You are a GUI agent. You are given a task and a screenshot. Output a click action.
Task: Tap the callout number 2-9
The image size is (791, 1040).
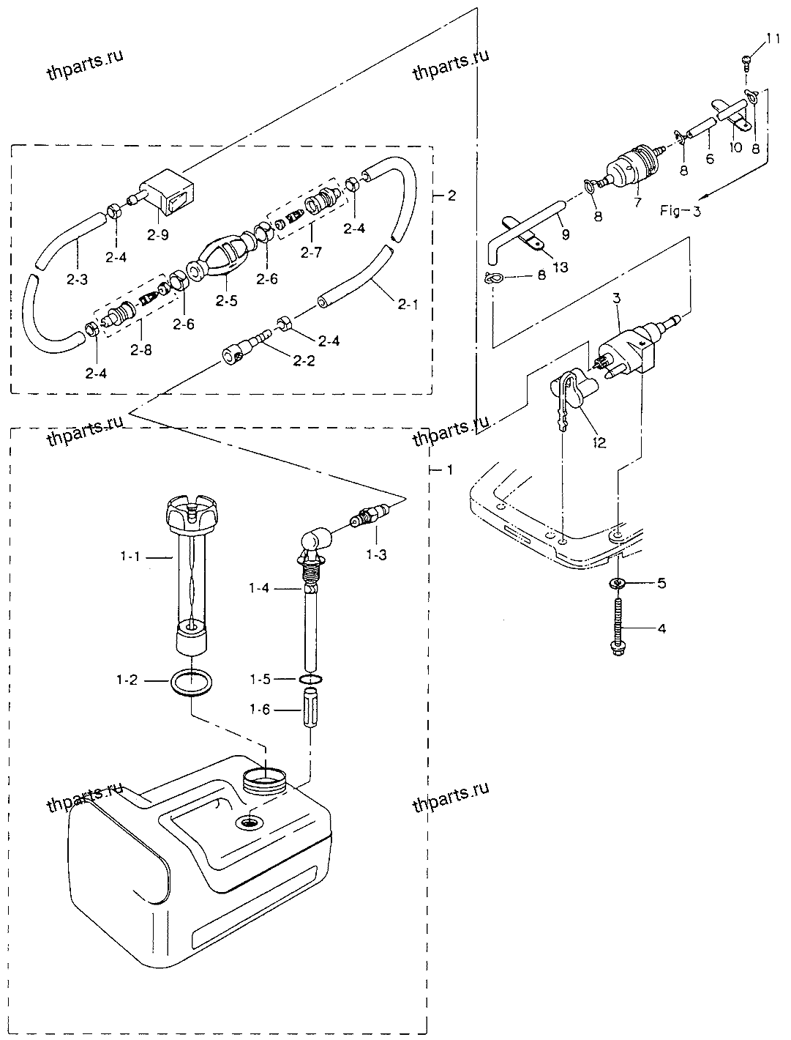[157, 234]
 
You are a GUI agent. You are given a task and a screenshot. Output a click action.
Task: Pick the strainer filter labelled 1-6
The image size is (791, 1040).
[310, 707]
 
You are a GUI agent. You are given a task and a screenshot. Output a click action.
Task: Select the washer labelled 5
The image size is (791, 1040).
[618, 583]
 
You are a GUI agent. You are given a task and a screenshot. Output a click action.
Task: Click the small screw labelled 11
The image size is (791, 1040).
[746, 62]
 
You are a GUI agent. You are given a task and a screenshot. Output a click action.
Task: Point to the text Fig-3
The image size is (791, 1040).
[680, 210]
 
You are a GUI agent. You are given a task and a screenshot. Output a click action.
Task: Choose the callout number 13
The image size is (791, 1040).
[560, 267]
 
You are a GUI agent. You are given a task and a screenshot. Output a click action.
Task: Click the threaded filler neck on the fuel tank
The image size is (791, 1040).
[265, 780]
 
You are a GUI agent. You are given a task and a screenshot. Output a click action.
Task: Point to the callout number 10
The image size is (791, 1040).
[735, 147]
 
